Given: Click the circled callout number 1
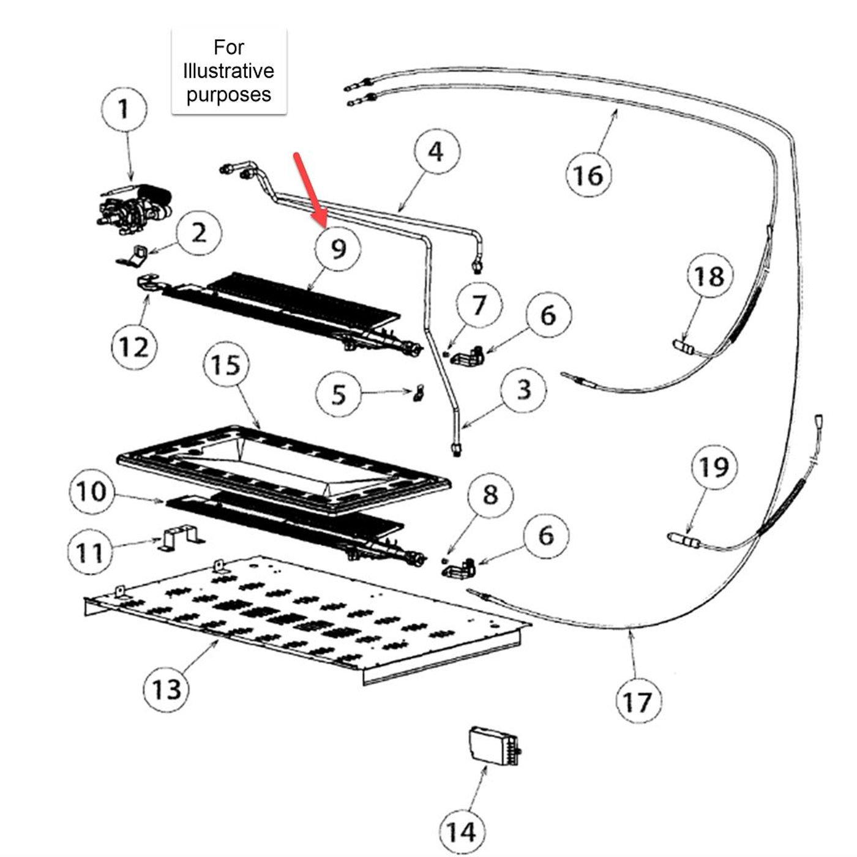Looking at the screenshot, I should pos(124,110).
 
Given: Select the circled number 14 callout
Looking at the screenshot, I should pos(461,831).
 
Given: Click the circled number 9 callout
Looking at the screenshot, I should pos(338,249).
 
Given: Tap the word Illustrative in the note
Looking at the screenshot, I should pos(228,71).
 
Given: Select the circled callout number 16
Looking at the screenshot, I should pos(588,175).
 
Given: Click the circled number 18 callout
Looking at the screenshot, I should pos(709,276).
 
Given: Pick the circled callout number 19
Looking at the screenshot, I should pos(714,467).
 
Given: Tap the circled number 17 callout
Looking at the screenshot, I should pos(638,702).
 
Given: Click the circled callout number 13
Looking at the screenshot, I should pos(166,689).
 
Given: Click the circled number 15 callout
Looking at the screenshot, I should pos(226,365).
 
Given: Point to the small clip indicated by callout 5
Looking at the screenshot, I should pos(420,392).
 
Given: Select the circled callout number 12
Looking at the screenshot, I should pos(134,347).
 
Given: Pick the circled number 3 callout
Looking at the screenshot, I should pos(523,389).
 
